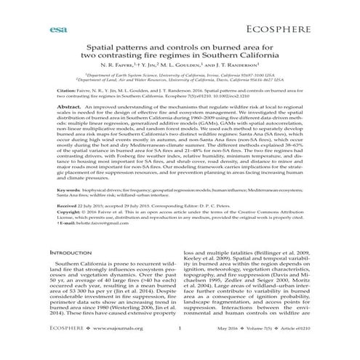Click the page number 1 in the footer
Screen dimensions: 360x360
tap(179, 348)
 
